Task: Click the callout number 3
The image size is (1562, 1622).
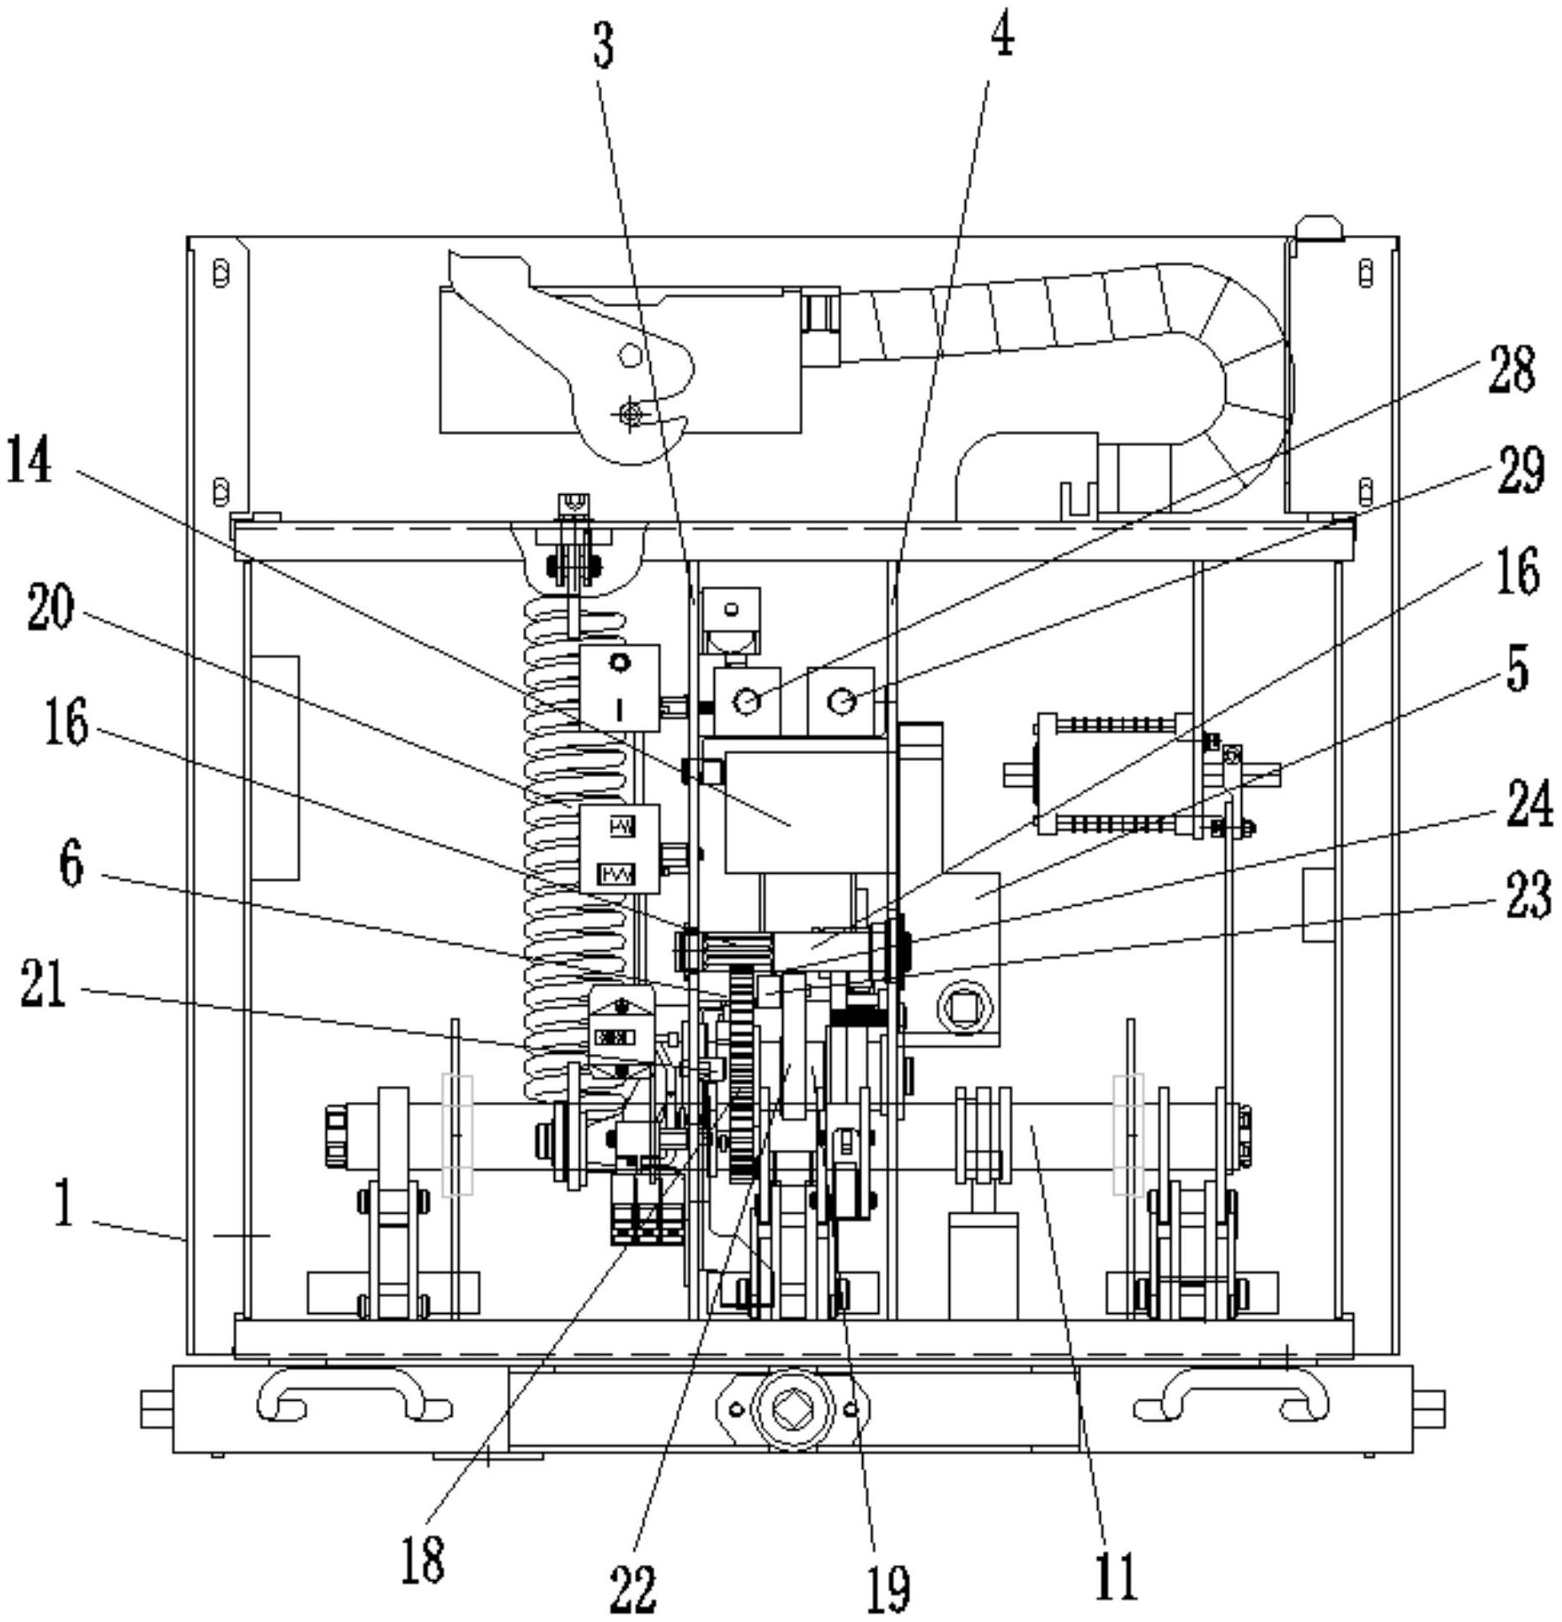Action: point(603,45)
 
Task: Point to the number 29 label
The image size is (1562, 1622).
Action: point(1520,469)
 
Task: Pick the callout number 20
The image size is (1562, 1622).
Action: point(50,609)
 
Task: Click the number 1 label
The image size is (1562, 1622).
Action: point(63,1203)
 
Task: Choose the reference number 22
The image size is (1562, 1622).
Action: point(632,1588)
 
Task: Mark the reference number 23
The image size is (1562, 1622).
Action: point(1527,894)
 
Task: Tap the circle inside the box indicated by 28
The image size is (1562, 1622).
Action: point(746,699)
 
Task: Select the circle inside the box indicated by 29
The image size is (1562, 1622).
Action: point(842,699)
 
